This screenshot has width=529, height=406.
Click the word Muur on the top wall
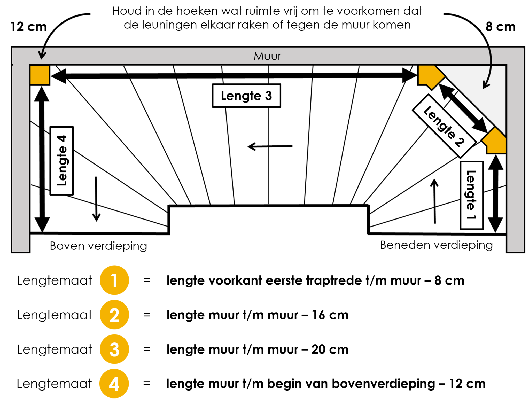pyautogui.click(x=267, y=56)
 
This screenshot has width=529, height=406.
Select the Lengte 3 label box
pyautogui.click(x=246, y=96)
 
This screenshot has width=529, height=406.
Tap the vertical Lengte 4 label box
pyautogui.click(x=61, y=161)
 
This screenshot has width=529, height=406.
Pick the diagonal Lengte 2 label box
pyautogui.click(x=444, y=126)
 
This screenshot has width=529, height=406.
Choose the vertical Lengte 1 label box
pyautogui.click(x=472, y=195)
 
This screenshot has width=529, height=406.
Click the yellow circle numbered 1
pyautogui.click(x=114, y=280)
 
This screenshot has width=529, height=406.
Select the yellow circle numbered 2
pyautogui.click(x=114, y=315)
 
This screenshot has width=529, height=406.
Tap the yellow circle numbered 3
pyautogui.click(x=114, y=349)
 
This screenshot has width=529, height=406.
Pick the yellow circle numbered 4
pyautogui.click(x=114, y=384)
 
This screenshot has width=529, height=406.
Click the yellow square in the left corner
pyautogui.click(x=40, y=75)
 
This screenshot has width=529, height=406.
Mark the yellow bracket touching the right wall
pyautogui.click(x=495, y=142)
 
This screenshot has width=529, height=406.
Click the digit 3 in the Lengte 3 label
pyautogui.click(x=268, y=96)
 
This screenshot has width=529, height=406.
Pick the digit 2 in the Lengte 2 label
pyautogui.click(x=460, y=142)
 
